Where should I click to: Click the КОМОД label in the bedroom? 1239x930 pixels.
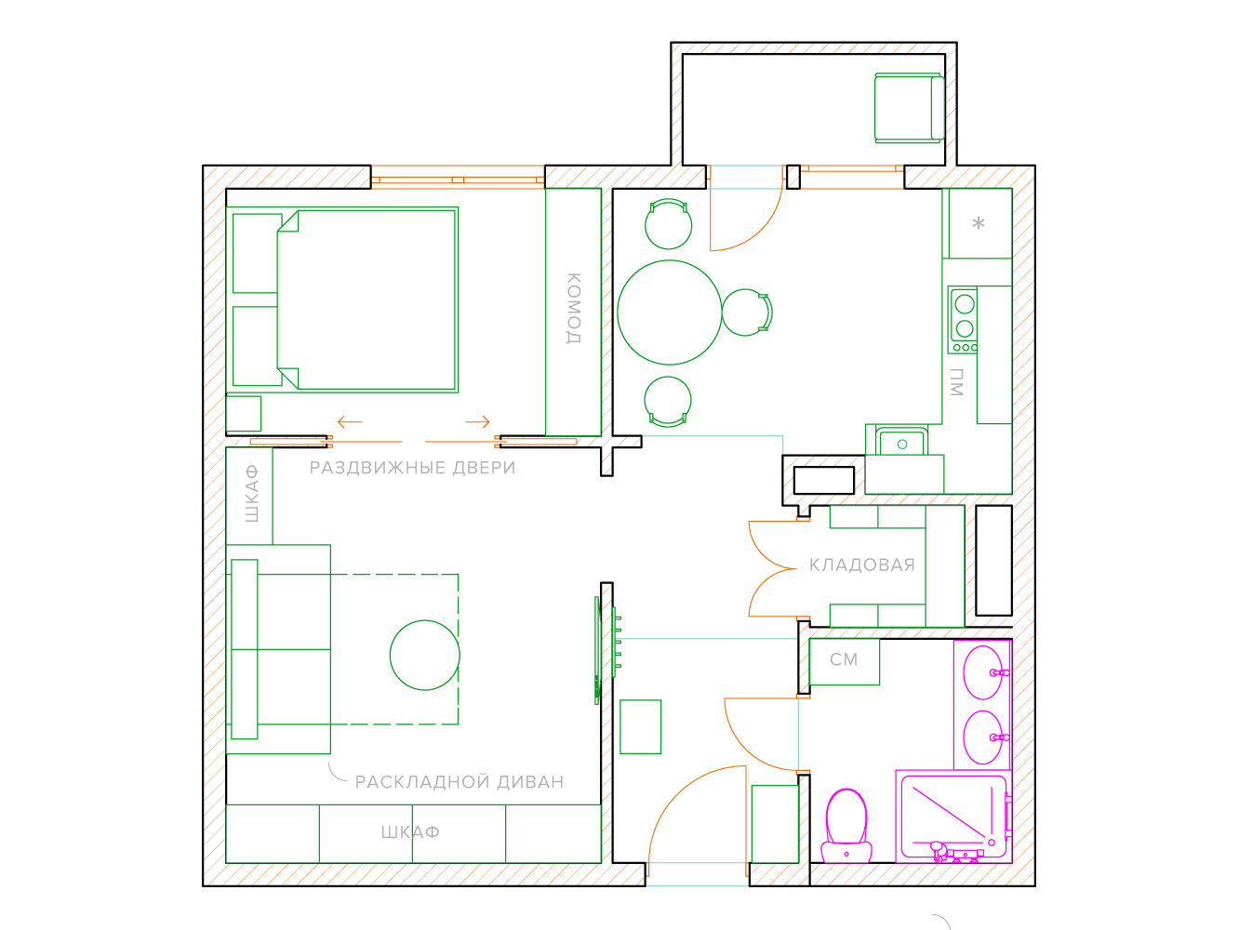point(573,308)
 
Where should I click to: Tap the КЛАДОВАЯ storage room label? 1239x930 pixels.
point(861,565)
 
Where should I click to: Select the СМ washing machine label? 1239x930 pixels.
point(844,659)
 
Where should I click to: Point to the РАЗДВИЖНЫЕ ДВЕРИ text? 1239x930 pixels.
point(412,468)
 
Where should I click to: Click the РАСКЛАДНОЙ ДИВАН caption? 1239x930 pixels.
point(459,781)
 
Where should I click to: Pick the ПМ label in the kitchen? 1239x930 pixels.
point(955,382)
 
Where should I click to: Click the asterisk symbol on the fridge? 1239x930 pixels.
point(979,223)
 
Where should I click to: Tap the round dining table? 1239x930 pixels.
point(670,312)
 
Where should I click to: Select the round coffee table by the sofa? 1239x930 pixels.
point(424,655)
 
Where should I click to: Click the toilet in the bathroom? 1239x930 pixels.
point(846,827)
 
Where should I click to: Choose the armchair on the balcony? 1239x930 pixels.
point(909,108)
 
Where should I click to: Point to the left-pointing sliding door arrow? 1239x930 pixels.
point(350,421)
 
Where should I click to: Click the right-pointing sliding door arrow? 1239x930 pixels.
point(477,421)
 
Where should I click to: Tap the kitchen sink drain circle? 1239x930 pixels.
point(902,445)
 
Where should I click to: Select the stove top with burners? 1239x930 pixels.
point(963,321)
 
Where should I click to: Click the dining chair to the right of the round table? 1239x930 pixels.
point(747,312)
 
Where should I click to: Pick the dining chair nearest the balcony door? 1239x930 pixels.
point(668,224)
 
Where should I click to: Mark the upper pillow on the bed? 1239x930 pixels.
point(258,253)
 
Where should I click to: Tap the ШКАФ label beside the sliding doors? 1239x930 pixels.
point(252,494)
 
